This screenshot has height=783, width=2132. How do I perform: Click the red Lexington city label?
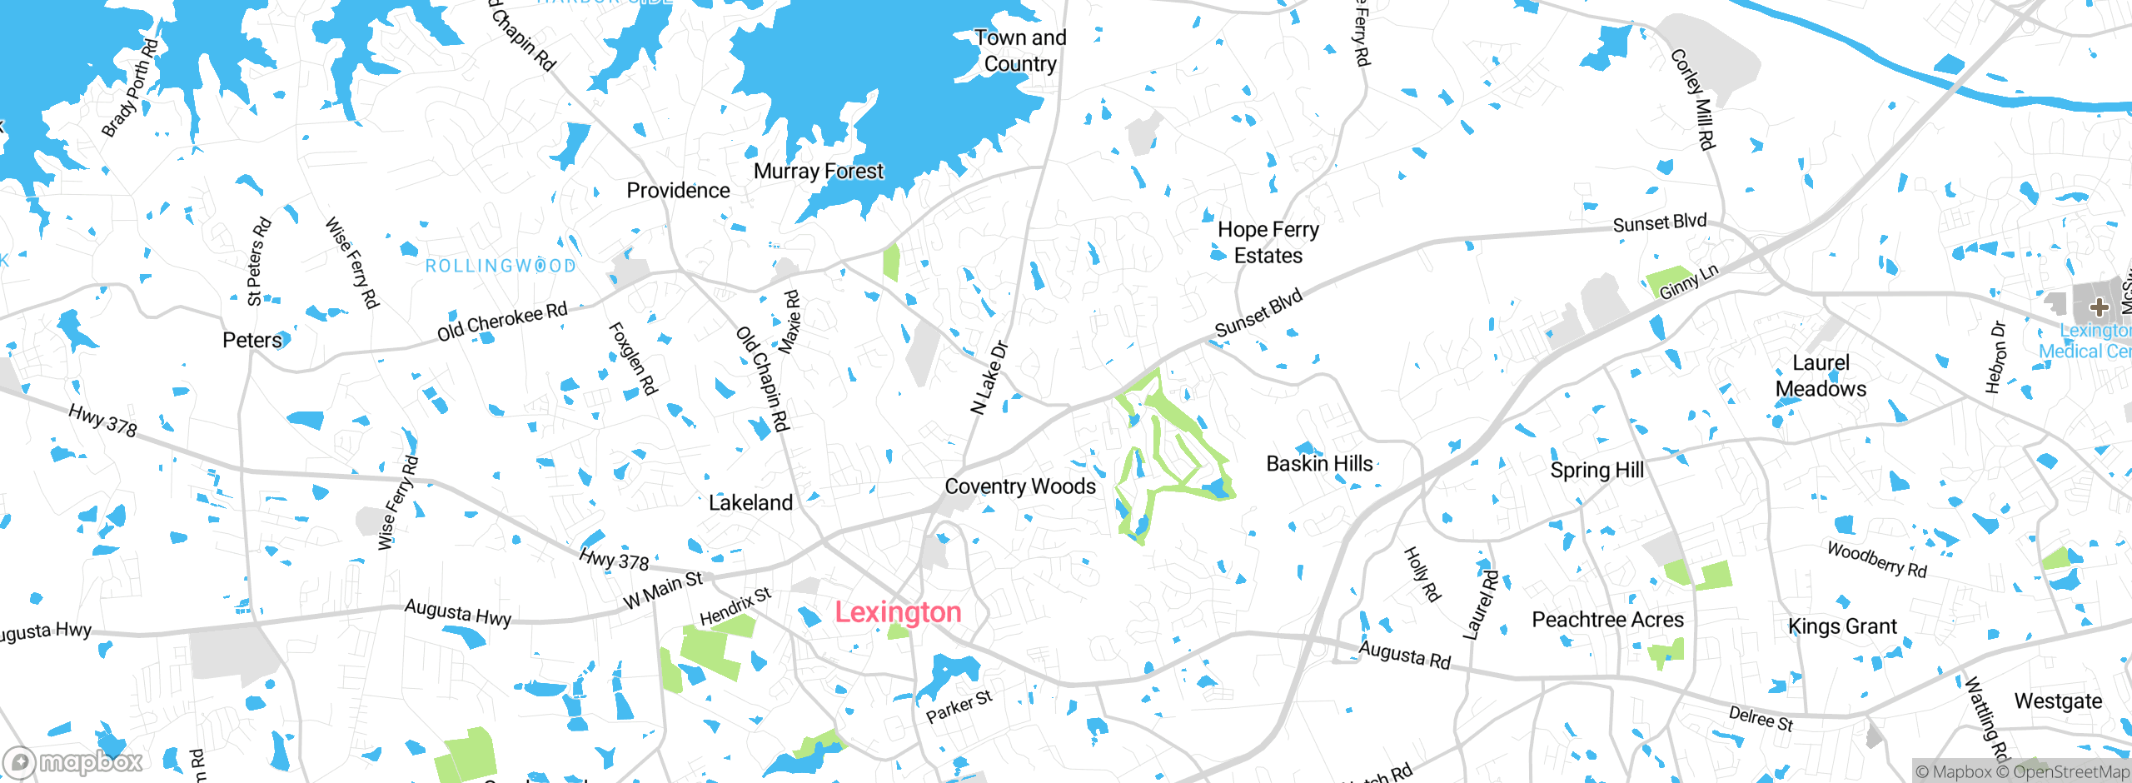(898, 612)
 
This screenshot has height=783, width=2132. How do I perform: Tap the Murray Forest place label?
(818, 172)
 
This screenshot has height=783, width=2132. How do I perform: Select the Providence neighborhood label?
(678, 191)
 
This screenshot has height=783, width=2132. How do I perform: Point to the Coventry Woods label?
(1020, 486)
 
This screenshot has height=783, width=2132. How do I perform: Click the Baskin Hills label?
(1319, 464)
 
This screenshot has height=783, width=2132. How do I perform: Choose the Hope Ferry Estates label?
(1268, 242)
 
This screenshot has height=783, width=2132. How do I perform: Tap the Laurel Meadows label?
(1821, 376)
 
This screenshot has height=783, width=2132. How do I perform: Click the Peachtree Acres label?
(1607, 620)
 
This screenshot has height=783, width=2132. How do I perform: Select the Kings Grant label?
(1842, 626)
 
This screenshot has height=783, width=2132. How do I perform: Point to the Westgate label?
(2058, 701)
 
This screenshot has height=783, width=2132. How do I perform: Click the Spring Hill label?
(1597, 471)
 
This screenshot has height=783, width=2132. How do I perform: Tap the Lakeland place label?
(750, 503)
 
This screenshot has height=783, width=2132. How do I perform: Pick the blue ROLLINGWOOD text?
(501, 266)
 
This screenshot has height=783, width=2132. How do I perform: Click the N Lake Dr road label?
(989, 377)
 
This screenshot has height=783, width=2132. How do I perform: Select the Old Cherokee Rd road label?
(502, 322)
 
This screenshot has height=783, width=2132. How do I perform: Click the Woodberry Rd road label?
(1876, 560)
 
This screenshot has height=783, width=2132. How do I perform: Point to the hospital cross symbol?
(2100, 307)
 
